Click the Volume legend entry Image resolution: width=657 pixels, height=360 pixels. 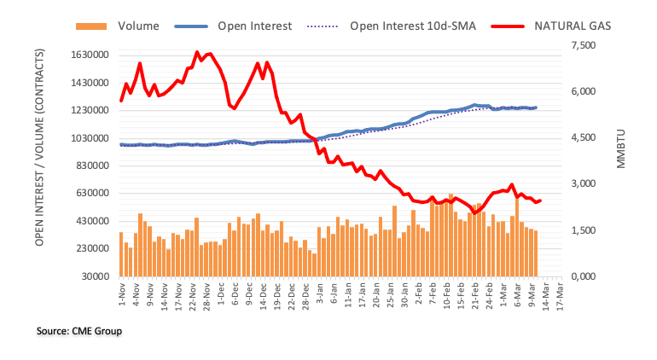point(139,26)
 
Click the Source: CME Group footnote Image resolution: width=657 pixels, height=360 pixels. point(78,330)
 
